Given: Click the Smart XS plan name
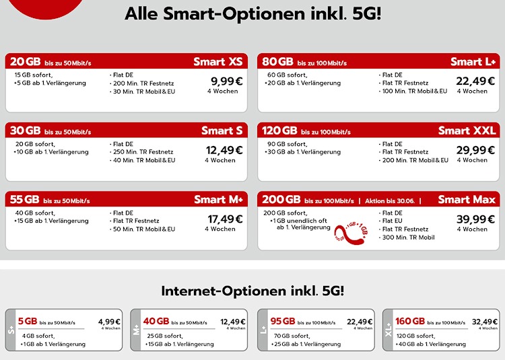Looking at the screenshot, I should click(x=217, y=62).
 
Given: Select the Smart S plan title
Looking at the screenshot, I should click(x=222, y=131).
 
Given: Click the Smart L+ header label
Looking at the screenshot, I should click(x=473, y=62).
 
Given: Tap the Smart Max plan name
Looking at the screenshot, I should click(x=467, y=199).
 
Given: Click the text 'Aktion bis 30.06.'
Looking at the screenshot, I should click(x=394, y=201).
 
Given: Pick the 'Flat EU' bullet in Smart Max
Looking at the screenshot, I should click(x=395, y=221).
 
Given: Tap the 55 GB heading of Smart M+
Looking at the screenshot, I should click(x=25, y=199).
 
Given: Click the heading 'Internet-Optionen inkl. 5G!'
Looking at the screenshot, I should click(x=252, y=291).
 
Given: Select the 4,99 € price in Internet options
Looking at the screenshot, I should click(x=109, y=322).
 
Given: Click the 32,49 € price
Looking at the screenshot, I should click(x=485, y=322).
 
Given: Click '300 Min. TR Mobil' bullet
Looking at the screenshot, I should click(x=408, y=237).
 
